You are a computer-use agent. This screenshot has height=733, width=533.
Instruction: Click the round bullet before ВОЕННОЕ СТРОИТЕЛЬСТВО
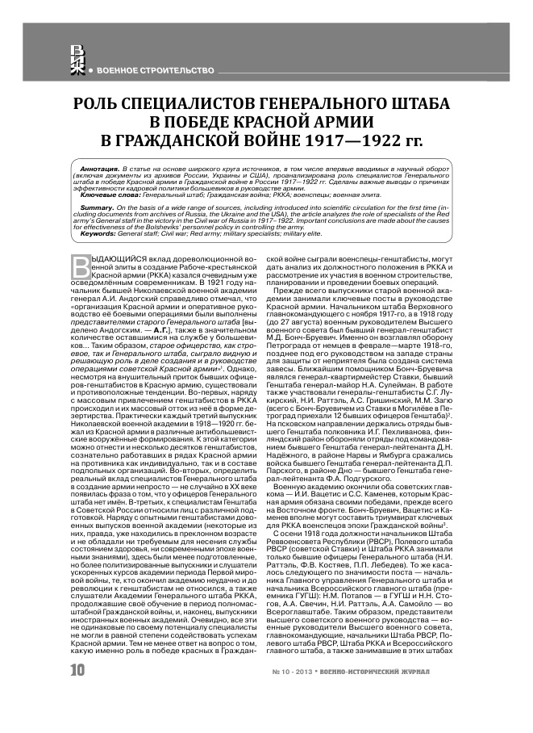pos(91,71)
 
